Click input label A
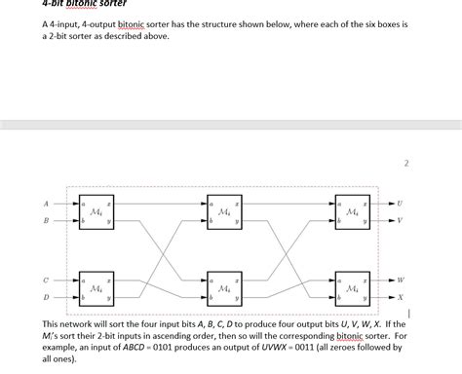coord(45,204)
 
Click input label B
coord(45,221)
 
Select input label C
coord(45,280)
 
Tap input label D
coord(45,296)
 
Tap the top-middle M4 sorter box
coord(225,212)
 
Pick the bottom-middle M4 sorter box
coord(225,288)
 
